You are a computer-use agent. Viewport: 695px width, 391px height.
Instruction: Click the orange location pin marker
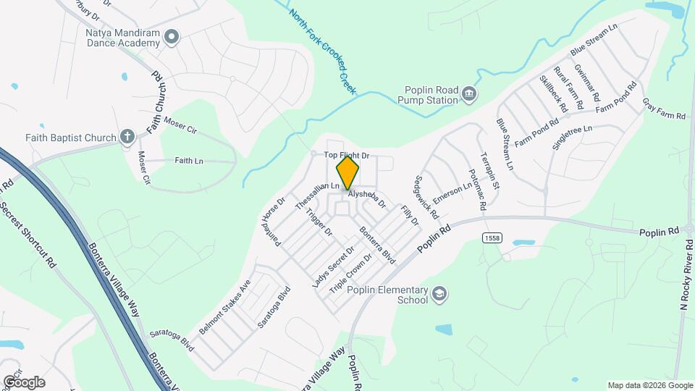tap(348, 173)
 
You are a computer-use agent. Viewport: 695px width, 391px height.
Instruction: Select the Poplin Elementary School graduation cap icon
tap(439, 294)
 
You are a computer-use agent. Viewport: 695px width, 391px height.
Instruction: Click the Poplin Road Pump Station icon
tap(469, 94)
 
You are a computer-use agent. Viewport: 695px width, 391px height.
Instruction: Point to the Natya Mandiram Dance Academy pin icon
tap(171, 36)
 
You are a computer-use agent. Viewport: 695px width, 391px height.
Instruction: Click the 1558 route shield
tap(492, 237)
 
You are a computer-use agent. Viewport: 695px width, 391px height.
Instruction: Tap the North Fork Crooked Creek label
tap(323, 49)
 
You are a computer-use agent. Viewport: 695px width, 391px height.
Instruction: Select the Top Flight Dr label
tap(346, 155)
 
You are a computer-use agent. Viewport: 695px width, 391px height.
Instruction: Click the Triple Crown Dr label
tap(350, 273)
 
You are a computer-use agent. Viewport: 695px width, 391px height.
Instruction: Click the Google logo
tap(24, 382)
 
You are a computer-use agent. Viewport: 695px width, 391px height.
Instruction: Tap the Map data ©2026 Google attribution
tap(649, 385)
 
